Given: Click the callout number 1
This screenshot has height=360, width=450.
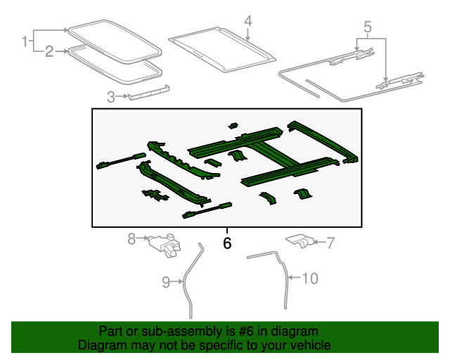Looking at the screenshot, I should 24,41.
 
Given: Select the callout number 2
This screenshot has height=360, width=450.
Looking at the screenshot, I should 49,51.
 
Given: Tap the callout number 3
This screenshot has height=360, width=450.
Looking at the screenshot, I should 111,96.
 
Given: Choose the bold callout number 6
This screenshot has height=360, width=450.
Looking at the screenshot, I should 226,243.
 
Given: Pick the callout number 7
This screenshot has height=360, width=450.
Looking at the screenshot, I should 330,243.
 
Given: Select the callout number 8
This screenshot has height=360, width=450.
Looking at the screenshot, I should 131,239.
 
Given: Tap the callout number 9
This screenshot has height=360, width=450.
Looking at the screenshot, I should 166,282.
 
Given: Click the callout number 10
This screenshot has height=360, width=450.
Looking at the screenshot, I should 309,278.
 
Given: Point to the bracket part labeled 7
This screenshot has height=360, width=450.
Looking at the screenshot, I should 301,241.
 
